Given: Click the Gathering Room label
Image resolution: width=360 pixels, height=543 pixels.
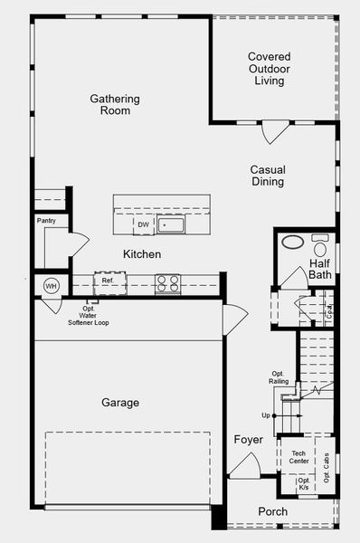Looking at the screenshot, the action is pos(115,105).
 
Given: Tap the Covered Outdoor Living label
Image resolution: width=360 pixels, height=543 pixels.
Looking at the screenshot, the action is pos(270,69).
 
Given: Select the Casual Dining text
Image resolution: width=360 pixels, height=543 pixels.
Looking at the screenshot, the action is pos(268,176).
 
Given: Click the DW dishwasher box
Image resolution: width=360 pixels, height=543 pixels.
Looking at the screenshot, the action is pos(144,224).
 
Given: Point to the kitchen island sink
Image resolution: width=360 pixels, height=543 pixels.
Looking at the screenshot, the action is pos(171,224).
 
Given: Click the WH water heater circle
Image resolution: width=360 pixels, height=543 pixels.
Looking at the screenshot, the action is pos(51,286).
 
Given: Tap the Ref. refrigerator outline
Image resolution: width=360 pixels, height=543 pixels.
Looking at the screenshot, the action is pos(110,283).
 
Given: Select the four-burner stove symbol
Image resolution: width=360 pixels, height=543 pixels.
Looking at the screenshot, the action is pos(168,284).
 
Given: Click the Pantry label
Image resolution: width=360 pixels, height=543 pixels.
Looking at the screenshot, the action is pos(46,221).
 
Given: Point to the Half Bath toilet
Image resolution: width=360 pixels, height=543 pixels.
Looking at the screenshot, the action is pos(320,245).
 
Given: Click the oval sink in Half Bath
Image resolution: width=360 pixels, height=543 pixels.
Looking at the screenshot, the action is pos(293,242).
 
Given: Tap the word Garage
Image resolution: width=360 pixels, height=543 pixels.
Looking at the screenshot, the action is pos(120,403).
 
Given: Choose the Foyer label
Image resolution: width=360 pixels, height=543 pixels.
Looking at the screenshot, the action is pos(248,440).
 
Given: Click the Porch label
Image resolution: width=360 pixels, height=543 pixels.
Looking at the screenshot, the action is pos(273,511).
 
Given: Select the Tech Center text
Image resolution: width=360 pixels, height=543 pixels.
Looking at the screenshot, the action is pos(298,457).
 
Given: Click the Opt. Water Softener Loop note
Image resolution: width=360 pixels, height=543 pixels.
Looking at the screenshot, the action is pos(89,316).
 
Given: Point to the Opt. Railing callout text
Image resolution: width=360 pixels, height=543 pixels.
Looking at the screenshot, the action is pos(279,377).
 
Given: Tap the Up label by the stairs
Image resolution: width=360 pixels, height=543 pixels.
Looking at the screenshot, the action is pos(266,415).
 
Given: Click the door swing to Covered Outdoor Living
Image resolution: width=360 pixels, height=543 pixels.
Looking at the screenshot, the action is pos(275,132).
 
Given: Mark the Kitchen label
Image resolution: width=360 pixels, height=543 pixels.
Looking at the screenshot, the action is pos(142,254).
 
